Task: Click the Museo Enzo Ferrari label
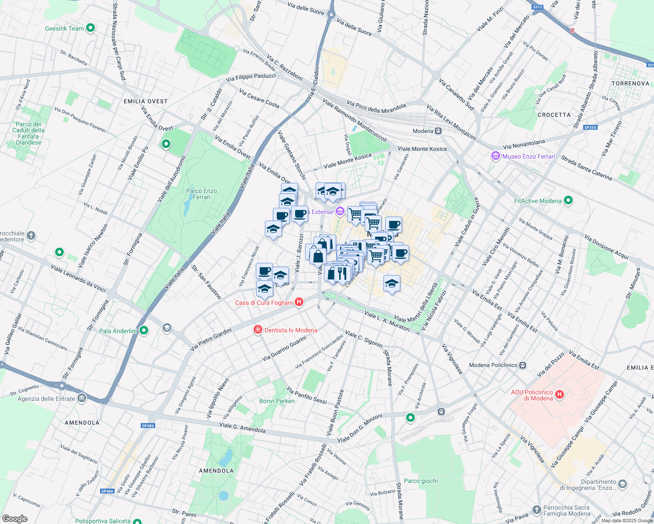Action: pos(529,156)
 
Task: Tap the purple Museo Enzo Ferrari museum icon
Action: pos(495,156)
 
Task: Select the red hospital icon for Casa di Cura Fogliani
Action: pos(299,302)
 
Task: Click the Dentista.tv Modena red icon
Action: pos(258,330)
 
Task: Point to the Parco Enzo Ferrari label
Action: pos(202,194)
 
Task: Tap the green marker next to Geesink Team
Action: pos(90,28)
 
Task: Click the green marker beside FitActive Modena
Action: pos(568,201)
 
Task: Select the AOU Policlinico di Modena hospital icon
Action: pos(559,395)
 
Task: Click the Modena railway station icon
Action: pos(438,131)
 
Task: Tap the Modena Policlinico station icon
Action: pos(522,365)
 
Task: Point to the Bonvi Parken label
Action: pos(277,401)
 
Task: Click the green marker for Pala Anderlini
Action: pos(143,331)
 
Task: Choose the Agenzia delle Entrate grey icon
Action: pos(82,398)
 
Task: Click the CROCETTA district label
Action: pos(554,115)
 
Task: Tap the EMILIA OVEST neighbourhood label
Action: pos(146,101)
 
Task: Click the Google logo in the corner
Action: pos(14,519)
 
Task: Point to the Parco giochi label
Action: pos(421,481)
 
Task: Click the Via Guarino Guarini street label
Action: pos(284,348)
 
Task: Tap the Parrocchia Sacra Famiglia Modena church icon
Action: pos(536,510)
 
